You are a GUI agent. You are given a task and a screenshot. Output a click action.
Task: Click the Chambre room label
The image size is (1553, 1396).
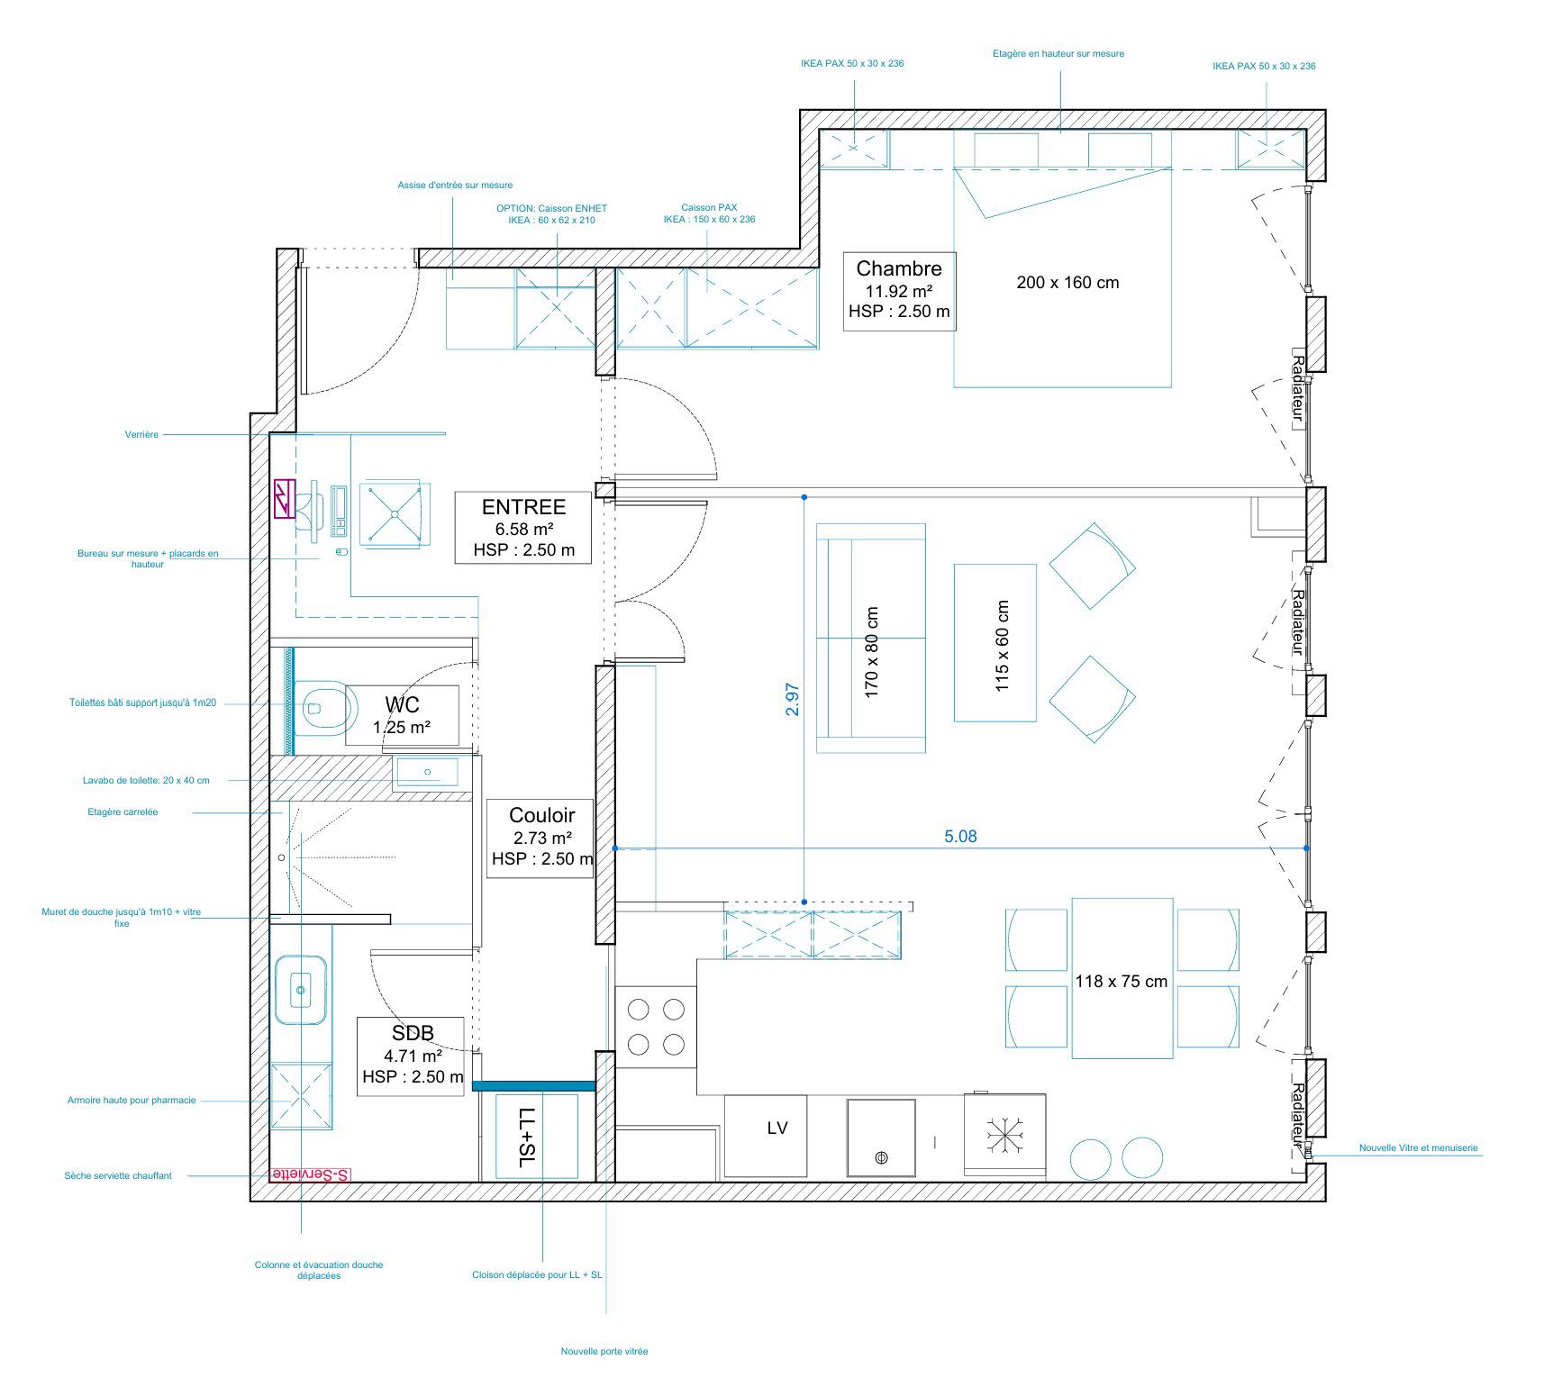(899, 268)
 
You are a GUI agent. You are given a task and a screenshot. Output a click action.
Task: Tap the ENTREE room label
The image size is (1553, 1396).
(523, 507)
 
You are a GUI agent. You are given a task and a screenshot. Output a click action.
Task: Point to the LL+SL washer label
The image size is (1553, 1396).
(528, 1138)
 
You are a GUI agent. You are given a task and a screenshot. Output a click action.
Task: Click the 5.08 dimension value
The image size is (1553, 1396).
(960, 836)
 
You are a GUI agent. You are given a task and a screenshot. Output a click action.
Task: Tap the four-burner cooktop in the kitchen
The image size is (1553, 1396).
(656, 1027)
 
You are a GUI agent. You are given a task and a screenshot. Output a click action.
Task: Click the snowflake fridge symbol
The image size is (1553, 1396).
(1004, 1137)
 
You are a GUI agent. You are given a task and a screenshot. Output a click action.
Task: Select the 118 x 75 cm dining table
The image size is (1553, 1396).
(1122, 978)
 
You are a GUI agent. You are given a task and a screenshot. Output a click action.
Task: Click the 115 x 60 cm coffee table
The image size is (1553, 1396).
(994, 643)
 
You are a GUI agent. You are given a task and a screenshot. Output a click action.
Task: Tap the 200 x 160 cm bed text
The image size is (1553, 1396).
(1067, 283)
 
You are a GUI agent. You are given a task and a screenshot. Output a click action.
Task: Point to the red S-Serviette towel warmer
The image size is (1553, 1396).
(310, 1174)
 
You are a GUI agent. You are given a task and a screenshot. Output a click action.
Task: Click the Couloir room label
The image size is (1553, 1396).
(541, 816)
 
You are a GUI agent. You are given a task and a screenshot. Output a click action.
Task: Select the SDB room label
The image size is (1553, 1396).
(413, 1033)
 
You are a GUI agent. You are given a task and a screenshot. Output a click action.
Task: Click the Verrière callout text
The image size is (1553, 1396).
(141, 435)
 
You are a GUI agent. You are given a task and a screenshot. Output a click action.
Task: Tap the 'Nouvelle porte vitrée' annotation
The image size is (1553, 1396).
(604, 1351)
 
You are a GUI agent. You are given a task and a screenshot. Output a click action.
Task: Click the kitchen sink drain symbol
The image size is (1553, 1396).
(881, 1158)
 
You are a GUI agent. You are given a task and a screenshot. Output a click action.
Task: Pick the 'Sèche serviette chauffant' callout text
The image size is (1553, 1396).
(118, 1175)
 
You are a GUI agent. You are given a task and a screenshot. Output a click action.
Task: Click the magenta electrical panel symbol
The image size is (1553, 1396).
(283, 499)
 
